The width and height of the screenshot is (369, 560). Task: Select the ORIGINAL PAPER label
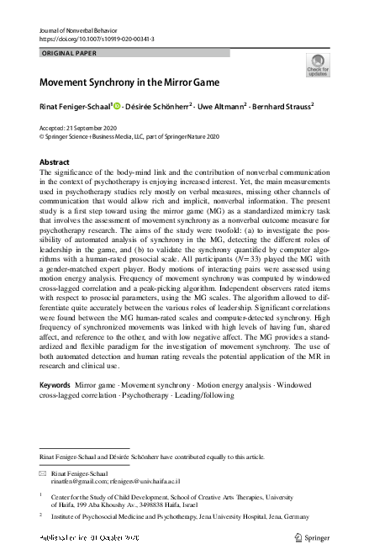click(x=70, y=52)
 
